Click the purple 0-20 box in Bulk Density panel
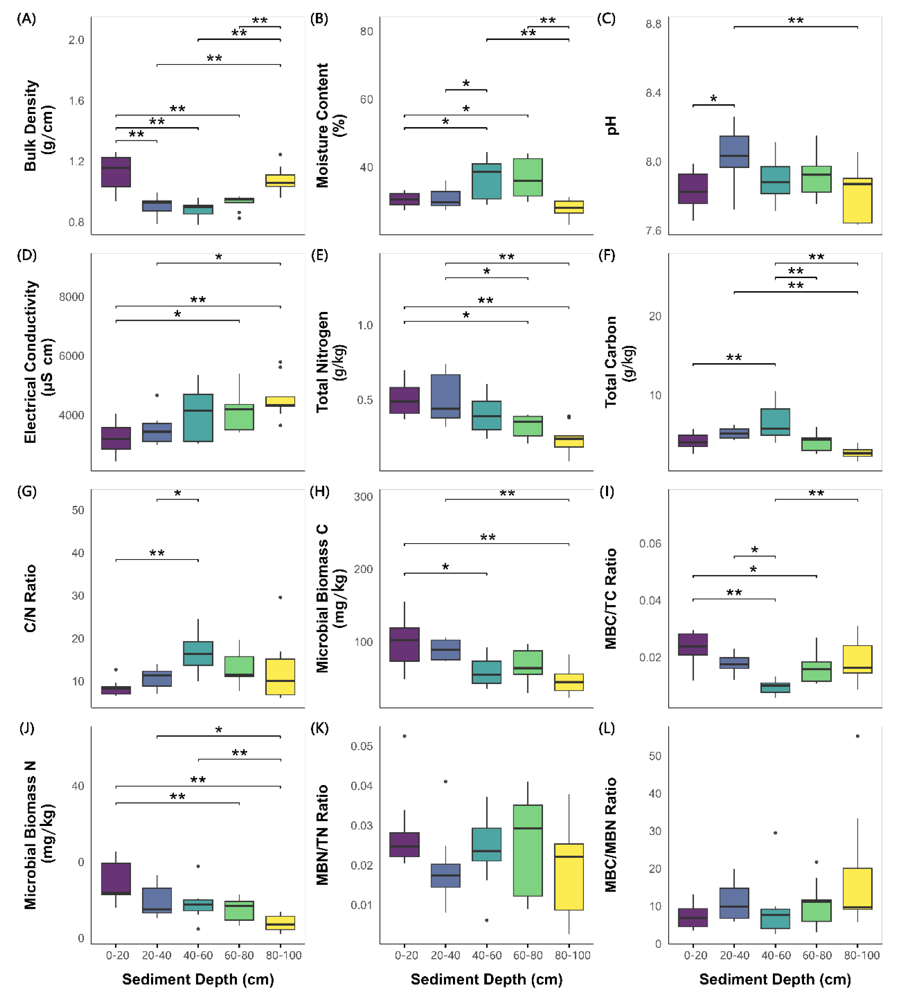(116, 172)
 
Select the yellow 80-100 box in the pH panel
(858, 201)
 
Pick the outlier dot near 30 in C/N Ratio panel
(281, 597)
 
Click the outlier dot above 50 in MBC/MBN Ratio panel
(858, 736)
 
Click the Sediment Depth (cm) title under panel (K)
(486, 979)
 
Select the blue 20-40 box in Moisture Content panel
(446, 198)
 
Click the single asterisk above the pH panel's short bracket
(714, 99)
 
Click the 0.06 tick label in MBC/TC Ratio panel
(650, 544)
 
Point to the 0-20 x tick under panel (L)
(695, 956)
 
